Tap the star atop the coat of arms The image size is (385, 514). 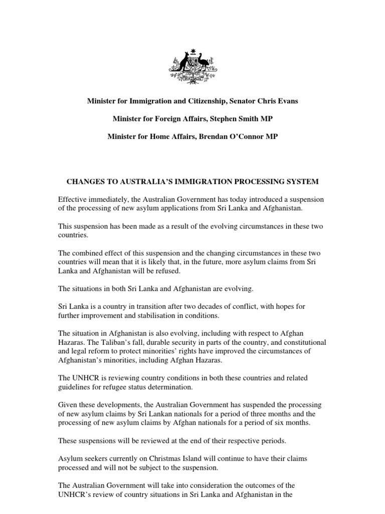pos(192,52)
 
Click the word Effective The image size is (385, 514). pos(73,199)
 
